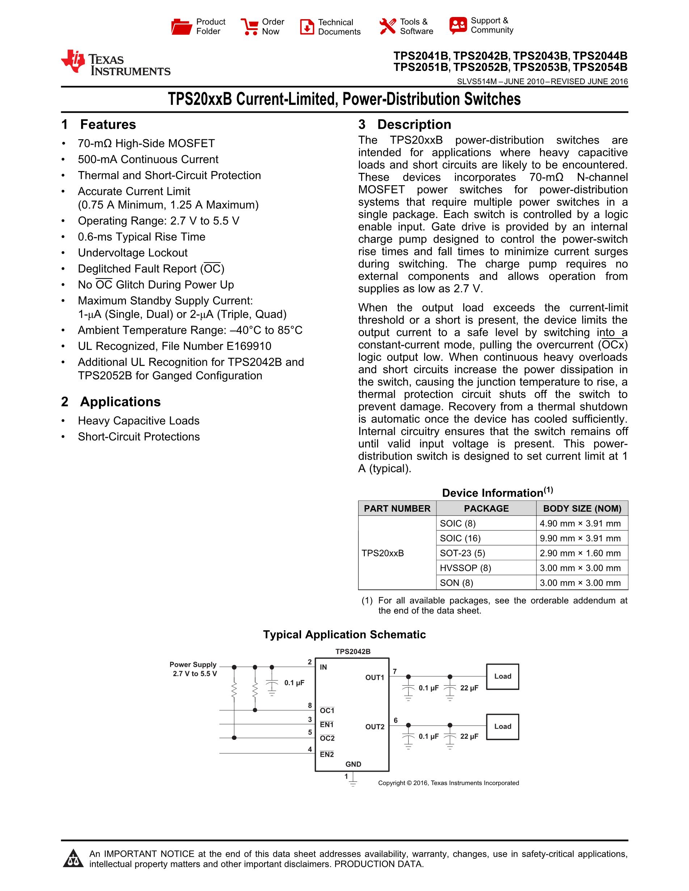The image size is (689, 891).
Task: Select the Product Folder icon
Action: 181,27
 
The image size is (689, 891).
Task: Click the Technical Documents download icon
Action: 307,27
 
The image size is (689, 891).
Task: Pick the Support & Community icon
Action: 458,25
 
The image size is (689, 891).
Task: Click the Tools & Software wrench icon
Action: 387,26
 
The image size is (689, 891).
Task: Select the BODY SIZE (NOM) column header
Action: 582,508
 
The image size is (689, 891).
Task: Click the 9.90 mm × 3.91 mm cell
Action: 580,538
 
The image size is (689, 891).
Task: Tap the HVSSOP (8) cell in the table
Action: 465,568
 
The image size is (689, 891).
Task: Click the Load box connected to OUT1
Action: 503,677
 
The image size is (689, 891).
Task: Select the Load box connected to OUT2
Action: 503,726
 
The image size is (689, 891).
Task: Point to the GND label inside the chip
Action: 353,764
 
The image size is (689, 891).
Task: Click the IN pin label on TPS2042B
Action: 323,667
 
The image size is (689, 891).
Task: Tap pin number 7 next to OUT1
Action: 395,672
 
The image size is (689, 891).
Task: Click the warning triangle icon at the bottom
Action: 73,858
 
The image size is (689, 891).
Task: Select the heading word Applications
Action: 121,402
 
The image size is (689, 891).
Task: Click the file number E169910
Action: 249,346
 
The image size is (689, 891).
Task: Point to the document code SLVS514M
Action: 476,82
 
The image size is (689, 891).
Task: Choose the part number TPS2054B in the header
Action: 600,67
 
